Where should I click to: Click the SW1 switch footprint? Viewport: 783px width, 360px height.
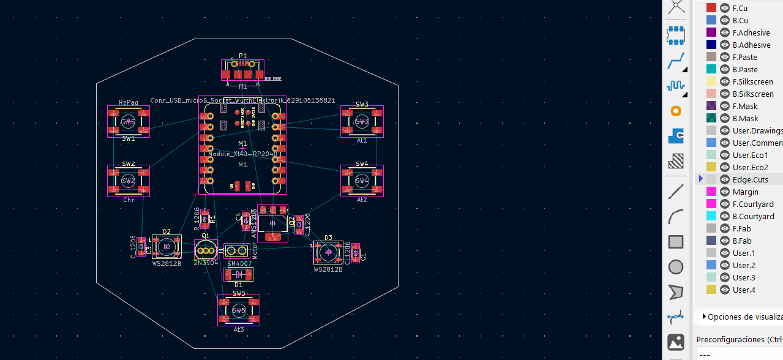[x=129, y=122]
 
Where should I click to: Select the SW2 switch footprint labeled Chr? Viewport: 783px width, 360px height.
[x=129, y=181]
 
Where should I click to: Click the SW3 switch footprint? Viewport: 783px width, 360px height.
[x=362, y=122]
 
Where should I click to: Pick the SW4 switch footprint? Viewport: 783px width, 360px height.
[x=362, y=181]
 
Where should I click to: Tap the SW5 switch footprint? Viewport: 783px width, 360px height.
[x=239, y=310]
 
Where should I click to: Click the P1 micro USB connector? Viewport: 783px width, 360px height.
[x=242, y=69]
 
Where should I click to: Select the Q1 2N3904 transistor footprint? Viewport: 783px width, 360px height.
[x=206, y=250]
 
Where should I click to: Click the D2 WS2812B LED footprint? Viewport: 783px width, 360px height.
[x=166, y=247]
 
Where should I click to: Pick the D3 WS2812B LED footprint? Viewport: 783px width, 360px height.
[x=328, y=252]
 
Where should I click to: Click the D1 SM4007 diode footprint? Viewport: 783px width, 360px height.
[x=239, y=274]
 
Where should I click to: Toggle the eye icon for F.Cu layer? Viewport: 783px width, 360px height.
[x=725, y=8]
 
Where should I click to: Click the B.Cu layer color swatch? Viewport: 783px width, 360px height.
[x=711, y=20]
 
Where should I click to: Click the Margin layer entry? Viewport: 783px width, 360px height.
[x=745, y=192]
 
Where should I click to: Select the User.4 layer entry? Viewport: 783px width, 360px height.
[x=744, y=290]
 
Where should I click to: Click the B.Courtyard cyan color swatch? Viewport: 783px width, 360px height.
[x=711, y=216]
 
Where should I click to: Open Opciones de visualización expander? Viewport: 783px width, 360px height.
[x=704, y=317]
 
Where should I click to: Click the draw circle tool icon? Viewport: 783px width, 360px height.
[x=676, y=267]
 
